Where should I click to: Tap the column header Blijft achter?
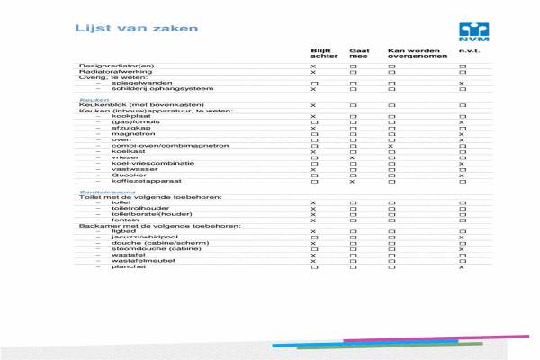point(322,54)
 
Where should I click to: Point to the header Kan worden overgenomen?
point(409,54)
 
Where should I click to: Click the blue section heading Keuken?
point(88,100)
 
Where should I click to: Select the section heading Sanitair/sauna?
point(100,192)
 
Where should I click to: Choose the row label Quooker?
point(127,175)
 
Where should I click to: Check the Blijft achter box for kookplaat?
point(313,117)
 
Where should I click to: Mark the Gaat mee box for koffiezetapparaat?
point(354,181)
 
